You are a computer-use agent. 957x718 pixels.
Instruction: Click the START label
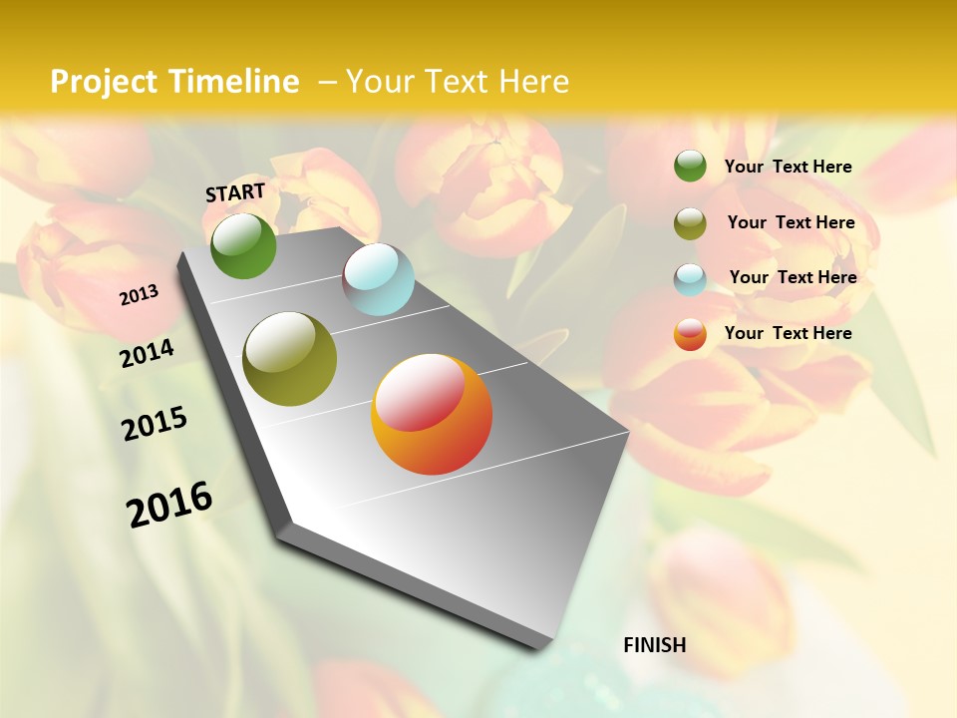pyautogui.click(x=235, y=192)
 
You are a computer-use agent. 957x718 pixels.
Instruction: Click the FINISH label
pyautogui.click(x=655, y=645)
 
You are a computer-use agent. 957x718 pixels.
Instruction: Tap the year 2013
pyautogui.click(x=139, y=295)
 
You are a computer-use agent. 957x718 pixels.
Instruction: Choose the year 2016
pyautogui.click(x=169, y=505)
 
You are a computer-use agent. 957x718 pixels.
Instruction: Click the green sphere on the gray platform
pyautogui.click(x=243, y=246)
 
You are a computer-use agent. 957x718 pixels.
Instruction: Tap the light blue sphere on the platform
pyautogui.click(x=378, y=279)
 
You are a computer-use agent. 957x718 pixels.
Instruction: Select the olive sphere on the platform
pyautogui.click(x=289, y=359)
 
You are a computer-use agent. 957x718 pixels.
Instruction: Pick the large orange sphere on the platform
pyautogui.click(x=431, y=414)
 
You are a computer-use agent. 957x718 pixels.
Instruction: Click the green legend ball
pyautogui.click(x=690, y=166)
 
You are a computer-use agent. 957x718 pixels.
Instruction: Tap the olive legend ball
pyautogui.click(x=690, y=223)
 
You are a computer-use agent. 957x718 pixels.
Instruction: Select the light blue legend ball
pyautogui.click(x=690, y=279)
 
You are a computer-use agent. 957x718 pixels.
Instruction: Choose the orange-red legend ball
pyautogui.click(x=690, y=334)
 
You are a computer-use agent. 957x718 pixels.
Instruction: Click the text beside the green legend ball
pyautogui.click(x=788, y=167)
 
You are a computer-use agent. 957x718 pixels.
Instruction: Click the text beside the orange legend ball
pyautogui.click(x=788, y=333)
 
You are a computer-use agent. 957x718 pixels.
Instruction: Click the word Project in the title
pyautogui.click(x=105, y=82)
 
